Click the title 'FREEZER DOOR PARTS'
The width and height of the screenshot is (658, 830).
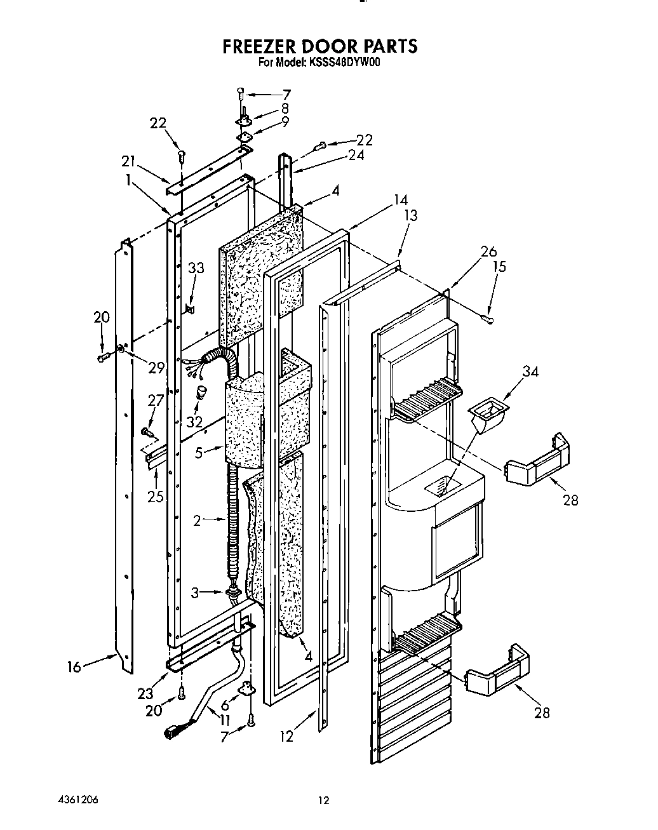[x=320, y=46]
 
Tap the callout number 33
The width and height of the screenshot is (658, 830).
[x=196, y=269]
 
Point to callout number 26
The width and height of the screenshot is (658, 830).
[x=488, y=252]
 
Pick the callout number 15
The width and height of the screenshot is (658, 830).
[x=499, y=266]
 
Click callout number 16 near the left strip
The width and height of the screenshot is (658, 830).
[x=74, y=667]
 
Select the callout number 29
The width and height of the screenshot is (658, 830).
[x=156, y=366]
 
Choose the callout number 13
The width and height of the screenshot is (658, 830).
[x=410, y=215]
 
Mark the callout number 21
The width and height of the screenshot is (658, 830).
[x=129, y=163]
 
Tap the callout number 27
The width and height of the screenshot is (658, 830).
[x=156, y=401]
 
